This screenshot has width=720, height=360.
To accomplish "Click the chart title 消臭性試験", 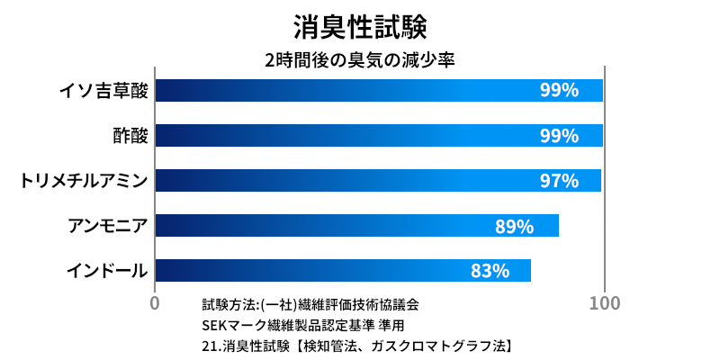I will click(360, 25).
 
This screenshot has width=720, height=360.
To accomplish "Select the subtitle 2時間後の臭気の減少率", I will click(360, 62).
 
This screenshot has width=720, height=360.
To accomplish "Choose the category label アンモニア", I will click(108, 225).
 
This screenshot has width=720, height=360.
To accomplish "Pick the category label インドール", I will click(107, 270).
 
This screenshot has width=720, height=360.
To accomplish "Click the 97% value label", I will click(558, 181).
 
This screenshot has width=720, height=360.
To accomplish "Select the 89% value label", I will click(514, 226).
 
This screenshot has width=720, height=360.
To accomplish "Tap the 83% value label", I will click(490, 271).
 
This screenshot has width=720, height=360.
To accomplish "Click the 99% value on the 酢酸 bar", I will click(558, 136).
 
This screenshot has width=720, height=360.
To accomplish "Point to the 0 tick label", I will click(155, 303).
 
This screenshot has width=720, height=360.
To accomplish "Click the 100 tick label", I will click(604, 303).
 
